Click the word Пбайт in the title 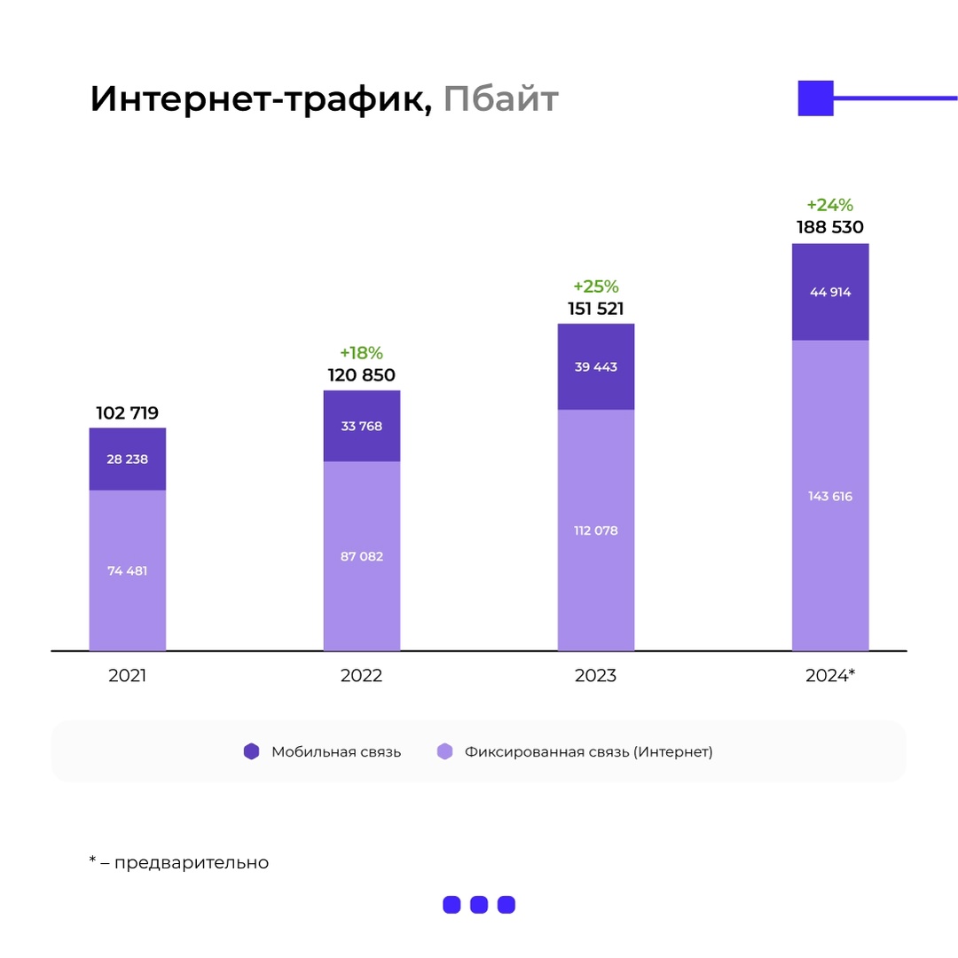(501, 99)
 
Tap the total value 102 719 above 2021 (127, 412)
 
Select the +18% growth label (361, 353)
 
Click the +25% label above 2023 (595, 287)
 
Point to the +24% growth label (829, 206)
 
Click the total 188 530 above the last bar (829, 227)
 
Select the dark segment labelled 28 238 (127, 459)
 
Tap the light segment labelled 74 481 (127, 570)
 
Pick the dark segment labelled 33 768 (361, 426)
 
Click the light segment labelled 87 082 (361, 556)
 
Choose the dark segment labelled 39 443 (595, 367)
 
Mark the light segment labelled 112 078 (595, 530)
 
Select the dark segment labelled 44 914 (829, 292)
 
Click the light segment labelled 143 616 (829, 496)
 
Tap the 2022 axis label (361, 675)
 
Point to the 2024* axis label (829, 675)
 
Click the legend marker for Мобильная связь (252, 751)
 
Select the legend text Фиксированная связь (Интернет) (588, 751)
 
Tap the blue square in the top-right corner (815, 98)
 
